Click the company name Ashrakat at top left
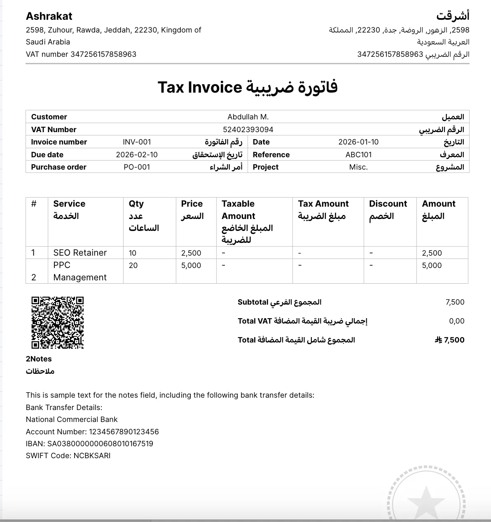(49, 16)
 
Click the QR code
(58, 322)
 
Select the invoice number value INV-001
(137, 142)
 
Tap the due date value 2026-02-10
(137, 155)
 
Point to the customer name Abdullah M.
(248, 117)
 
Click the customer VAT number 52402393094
(248, 130)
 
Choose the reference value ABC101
(358, 155)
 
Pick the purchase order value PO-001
(137, 167)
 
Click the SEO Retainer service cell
(80, 253)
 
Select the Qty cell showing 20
(133, 266)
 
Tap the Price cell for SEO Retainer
(191, 253)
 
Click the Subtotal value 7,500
(455, 302)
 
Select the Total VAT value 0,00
(456, 321)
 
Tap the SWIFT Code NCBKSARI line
(68, 456)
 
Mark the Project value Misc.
(358, 167)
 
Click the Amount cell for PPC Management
(432, 266)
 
